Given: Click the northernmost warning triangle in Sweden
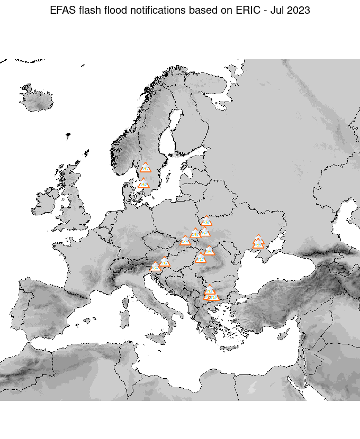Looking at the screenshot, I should tap(146, 168).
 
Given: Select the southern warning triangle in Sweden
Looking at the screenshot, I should tap(143, 184).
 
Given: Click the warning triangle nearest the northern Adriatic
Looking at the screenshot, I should tap(155, 267).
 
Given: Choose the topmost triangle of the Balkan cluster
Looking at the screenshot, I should tap(210, 289).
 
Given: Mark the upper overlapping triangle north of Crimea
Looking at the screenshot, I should tap(258, 239).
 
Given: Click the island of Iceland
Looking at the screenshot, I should tap(40, 100).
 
